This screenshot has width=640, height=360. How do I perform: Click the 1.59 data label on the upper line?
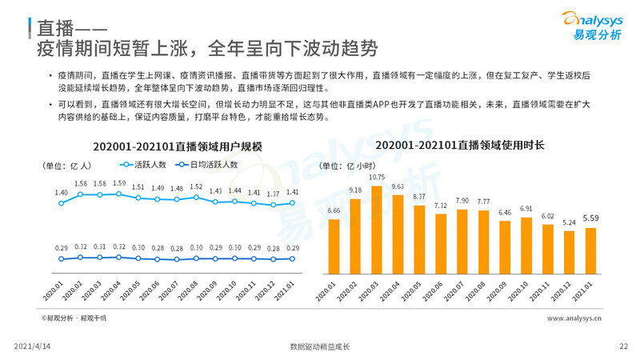tap(118, 183)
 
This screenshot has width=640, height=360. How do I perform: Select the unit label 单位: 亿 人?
tap(66, 166)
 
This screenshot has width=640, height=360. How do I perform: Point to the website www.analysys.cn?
tap(574, 318)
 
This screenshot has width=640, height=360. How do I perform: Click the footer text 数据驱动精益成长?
tap(320, 346)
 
